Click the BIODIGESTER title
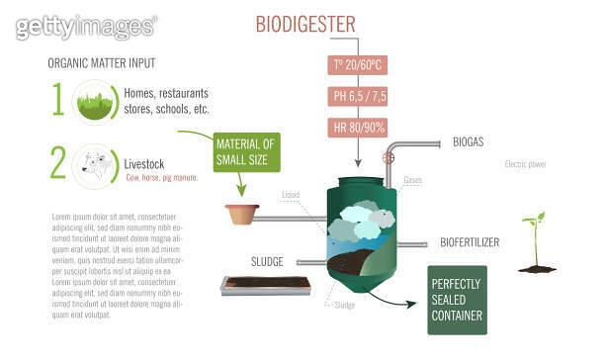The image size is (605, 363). pos(305,23)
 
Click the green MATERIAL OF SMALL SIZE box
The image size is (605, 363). pos(247,152)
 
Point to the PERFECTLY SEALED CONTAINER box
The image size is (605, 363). pos(457,300)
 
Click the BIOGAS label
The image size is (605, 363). pos(468,142)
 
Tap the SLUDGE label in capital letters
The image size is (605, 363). pos(267,262)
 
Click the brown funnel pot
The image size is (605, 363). pos(241,213)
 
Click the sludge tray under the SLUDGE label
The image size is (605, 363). pos(267,287)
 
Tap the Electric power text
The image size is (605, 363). pos(525,164)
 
